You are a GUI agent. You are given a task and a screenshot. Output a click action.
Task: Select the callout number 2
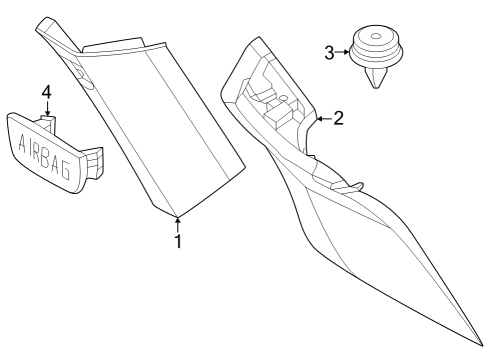pos(338,119)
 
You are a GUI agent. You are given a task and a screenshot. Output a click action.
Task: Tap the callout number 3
pos(329,52)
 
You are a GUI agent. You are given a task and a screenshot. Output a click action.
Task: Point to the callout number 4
pos(45,93)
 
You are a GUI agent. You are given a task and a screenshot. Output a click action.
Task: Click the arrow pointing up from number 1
pos(178,223)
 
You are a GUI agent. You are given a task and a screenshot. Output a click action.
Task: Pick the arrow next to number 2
pos(322,119)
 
